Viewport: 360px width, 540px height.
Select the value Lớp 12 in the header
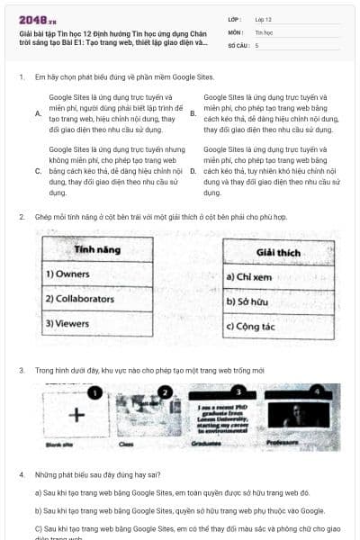263,18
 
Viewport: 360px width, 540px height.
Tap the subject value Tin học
263,31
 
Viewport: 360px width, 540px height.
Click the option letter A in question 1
37,114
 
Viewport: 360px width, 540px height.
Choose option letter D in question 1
193,170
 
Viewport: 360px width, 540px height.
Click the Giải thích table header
278,253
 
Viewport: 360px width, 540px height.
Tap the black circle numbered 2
163,392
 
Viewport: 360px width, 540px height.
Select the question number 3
21,370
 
